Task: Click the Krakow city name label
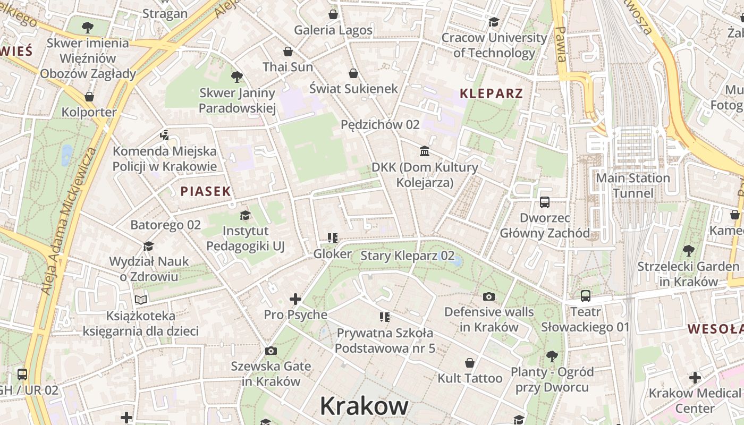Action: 364,406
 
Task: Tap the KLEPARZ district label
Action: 491,94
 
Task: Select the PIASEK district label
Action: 206,192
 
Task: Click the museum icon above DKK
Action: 425,151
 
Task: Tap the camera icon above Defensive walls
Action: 489,296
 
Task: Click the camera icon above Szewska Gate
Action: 270,351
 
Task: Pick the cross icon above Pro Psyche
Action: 295,299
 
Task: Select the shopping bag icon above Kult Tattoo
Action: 470,363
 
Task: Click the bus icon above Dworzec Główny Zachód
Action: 545,202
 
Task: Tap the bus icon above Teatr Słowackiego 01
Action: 585,296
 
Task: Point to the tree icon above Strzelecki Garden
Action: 688,250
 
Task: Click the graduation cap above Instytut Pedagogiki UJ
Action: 245,215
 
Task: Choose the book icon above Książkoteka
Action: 140,300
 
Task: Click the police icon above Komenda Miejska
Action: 165,135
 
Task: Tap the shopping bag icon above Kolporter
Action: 89,97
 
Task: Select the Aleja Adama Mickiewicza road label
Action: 69,220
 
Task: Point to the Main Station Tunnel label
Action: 632,185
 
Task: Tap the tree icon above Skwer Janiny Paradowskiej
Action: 237,77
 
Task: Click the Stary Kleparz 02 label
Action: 408,256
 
